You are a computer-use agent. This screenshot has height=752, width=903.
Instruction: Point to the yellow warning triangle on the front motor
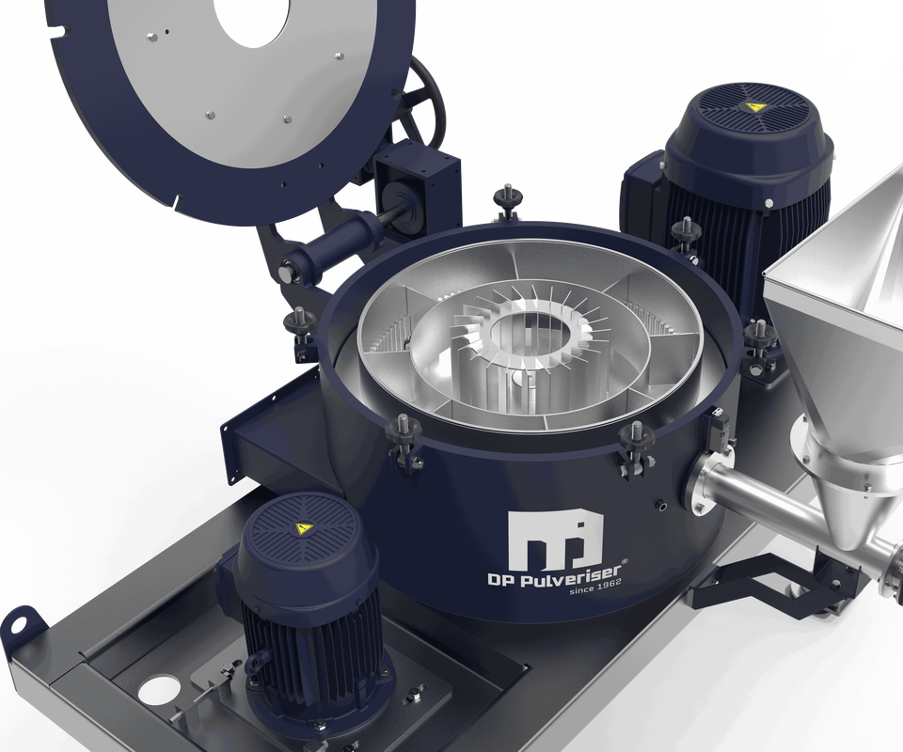click(301, 527)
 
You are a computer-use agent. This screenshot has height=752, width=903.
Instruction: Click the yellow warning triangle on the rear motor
click(752, 106)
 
